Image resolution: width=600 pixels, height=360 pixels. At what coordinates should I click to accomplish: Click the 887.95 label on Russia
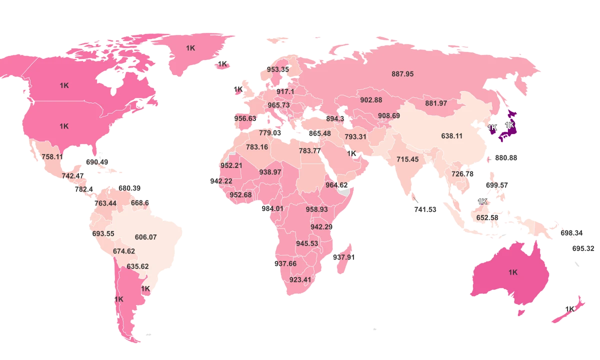point(402,74)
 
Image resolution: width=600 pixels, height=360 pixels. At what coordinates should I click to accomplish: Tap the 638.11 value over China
point(451,136)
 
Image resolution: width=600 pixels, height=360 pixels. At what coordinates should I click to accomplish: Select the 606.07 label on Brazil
point(145,237)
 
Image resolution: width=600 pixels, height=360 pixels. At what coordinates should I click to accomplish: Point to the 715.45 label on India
point(407,159)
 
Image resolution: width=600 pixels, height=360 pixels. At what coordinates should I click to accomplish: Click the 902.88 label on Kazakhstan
point(371,100)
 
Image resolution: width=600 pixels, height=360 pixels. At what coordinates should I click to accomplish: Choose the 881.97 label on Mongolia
point(436,103)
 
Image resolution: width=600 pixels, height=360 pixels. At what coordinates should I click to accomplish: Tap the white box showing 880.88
point(505,157)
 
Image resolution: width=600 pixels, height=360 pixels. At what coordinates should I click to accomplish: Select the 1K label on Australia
point(513,272)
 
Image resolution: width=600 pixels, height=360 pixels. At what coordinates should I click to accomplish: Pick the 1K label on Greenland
point(190,48)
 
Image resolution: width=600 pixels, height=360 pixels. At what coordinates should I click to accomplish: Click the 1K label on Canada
point(64,85)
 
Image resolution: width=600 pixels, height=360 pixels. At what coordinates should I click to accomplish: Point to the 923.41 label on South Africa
point(300,280)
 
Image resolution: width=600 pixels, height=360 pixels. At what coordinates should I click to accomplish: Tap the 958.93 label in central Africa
point(316,209)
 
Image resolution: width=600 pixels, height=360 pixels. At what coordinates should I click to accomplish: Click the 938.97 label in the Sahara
point(270,172)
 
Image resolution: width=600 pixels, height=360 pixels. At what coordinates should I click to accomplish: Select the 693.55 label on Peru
point(103,234)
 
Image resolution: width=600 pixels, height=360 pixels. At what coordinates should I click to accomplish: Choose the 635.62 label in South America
point(137,266)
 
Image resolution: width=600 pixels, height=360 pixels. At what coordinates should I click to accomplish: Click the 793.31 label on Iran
point(355,137)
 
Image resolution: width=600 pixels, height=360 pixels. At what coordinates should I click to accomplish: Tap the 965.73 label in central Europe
point(278,105)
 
